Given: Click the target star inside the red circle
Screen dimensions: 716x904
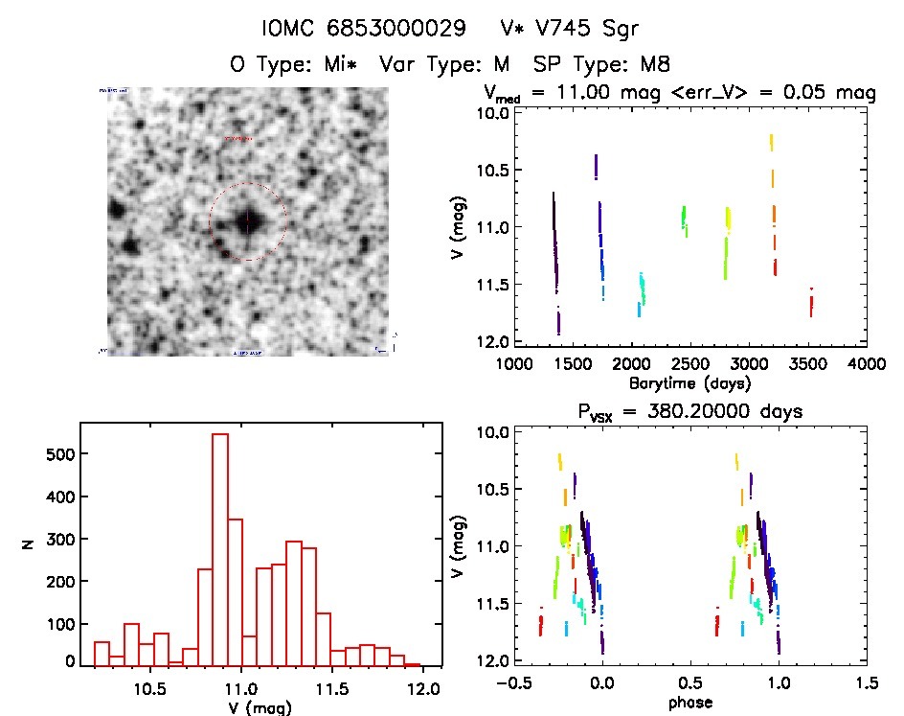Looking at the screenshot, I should (x=247, y=220).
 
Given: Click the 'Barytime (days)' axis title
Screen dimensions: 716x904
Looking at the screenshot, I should (x=689, y=382).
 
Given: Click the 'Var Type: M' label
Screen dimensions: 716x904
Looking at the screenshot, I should (x=441, y=64).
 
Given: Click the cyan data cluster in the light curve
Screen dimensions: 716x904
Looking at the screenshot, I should (x=641, y=292).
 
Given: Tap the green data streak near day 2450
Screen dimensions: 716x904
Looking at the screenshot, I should (x=684, y=219).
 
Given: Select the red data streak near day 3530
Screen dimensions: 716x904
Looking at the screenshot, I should (x=811, y=303).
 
